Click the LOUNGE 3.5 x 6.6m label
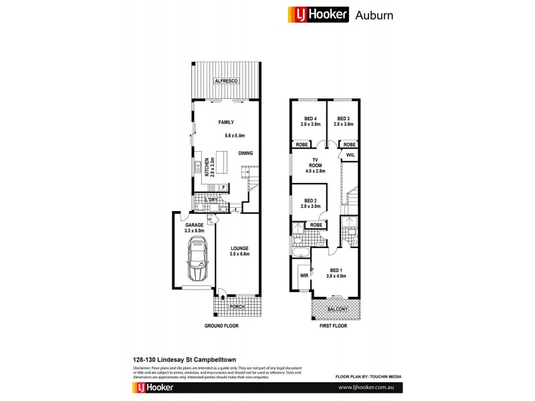(x=239, y=250)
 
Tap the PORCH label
(x=236, y=307)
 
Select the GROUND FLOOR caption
(x=221, y=325)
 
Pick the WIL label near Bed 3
(x=350, y=155)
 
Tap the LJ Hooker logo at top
(x=317, y=14)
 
